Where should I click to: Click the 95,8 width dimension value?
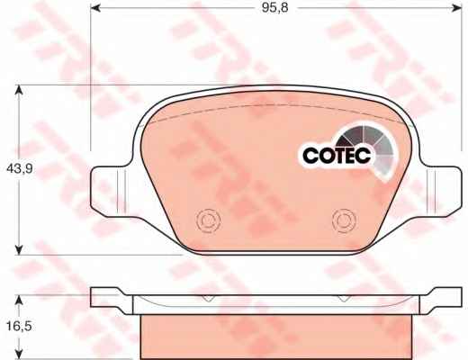pos(274,8)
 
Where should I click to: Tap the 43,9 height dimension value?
pos(20,169)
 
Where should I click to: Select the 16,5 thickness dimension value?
pos(19,326)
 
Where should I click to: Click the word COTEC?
pos(337,156)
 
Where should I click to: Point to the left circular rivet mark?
pos(208,220)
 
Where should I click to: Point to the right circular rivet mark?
pos(345,220)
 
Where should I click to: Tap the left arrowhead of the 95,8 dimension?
pos(95,8)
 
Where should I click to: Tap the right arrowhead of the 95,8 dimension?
pos(457,8)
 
